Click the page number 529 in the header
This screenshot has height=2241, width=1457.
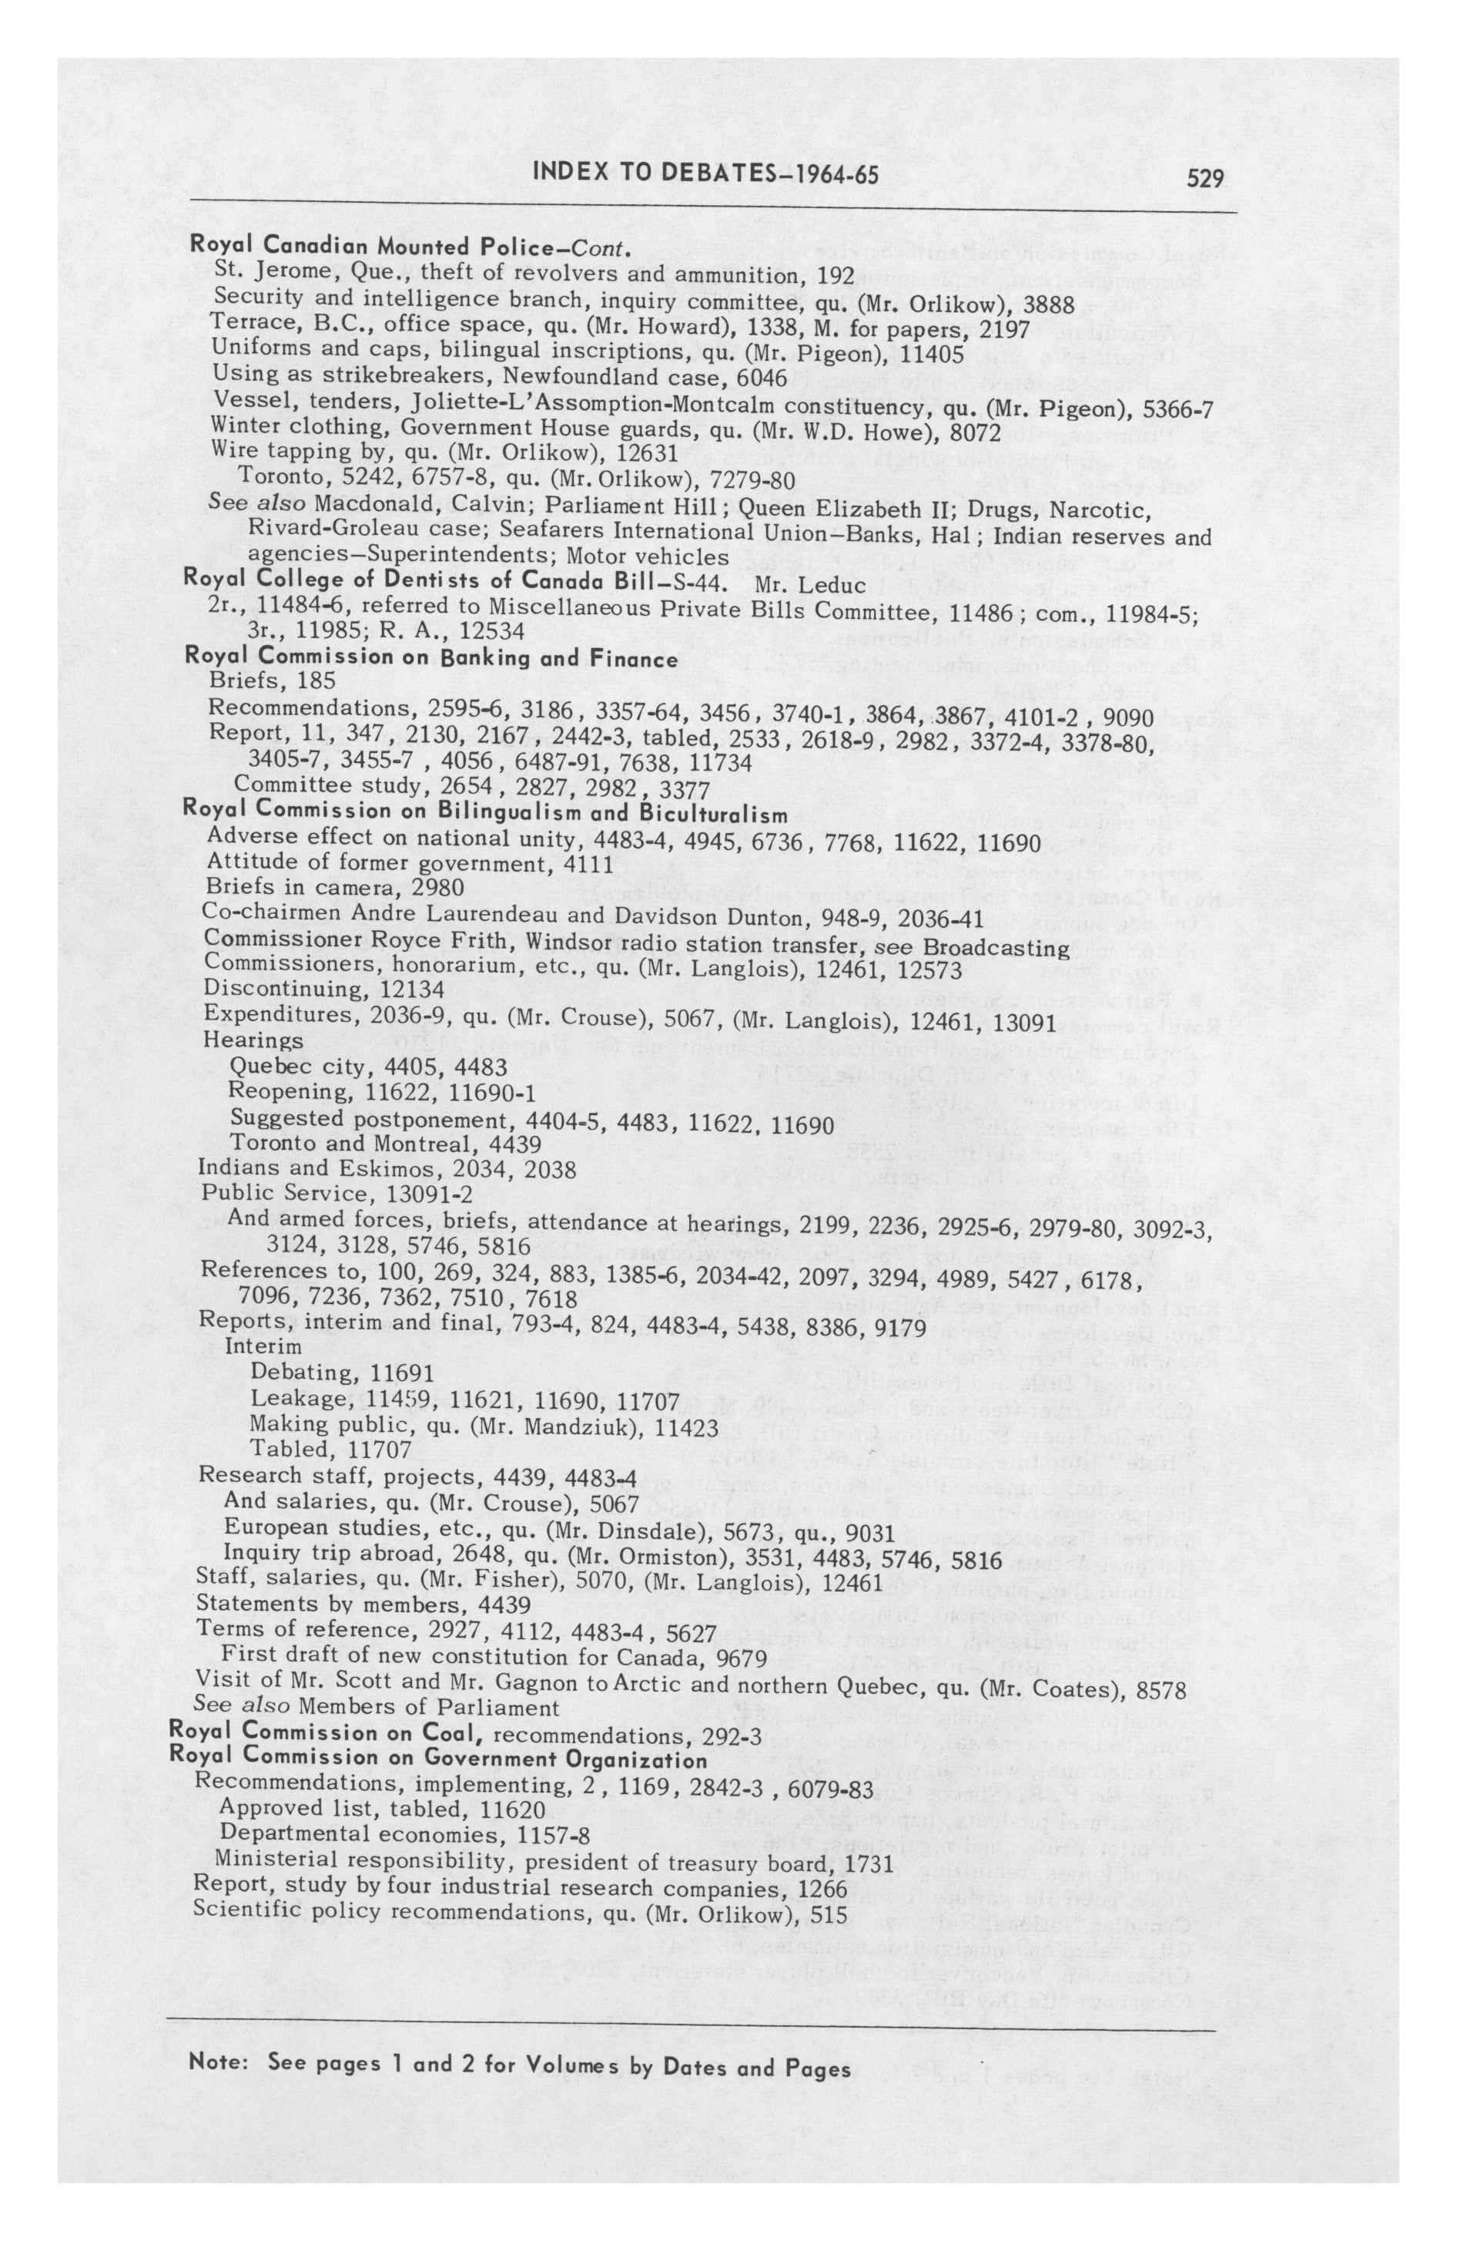pyautogui.click(x=1204, y=177)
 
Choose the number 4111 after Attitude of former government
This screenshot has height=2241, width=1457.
pyautogui.click(x=585, y=863)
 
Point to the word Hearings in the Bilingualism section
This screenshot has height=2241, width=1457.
pyautogui.click(x=253, y=1040)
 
